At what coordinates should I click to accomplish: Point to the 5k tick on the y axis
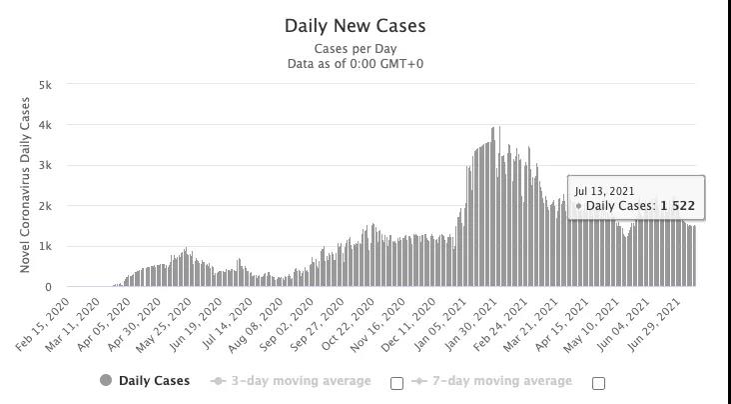coord(45,85)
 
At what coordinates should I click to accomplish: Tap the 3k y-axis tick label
coord(45,166)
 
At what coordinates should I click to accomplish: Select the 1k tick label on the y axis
coord(45,247)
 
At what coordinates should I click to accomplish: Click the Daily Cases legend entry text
coord(155,381)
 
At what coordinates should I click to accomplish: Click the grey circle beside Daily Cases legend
coord(106,381)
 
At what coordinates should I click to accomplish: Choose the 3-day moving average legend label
coord(301,381)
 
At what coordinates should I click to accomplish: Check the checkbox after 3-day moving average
coord(396,382)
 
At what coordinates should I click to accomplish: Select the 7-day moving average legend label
coord(502,381)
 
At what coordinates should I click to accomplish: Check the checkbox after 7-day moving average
coord(598,382)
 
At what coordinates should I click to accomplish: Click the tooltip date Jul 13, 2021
coord(604,190)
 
